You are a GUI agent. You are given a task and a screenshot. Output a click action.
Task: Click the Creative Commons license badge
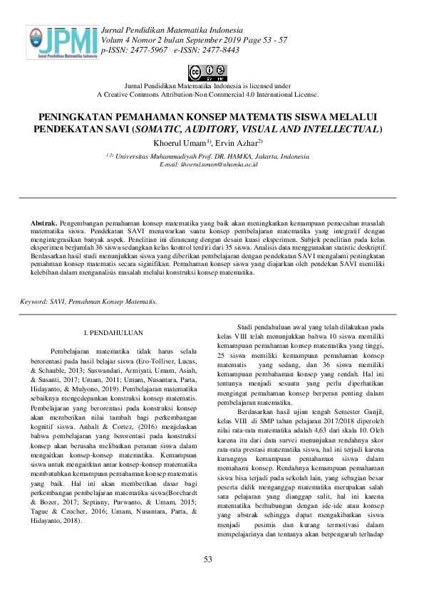click(x=207, y=72)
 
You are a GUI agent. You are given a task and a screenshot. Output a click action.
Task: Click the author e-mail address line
click(x=209, y=164)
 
